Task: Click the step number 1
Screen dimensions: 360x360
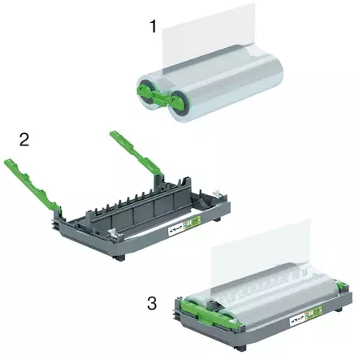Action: (x=152, y=27)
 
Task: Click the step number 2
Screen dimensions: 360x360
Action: (x=24, y=139)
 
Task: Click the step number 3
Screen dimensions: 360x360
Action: (x=151, y=303)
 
